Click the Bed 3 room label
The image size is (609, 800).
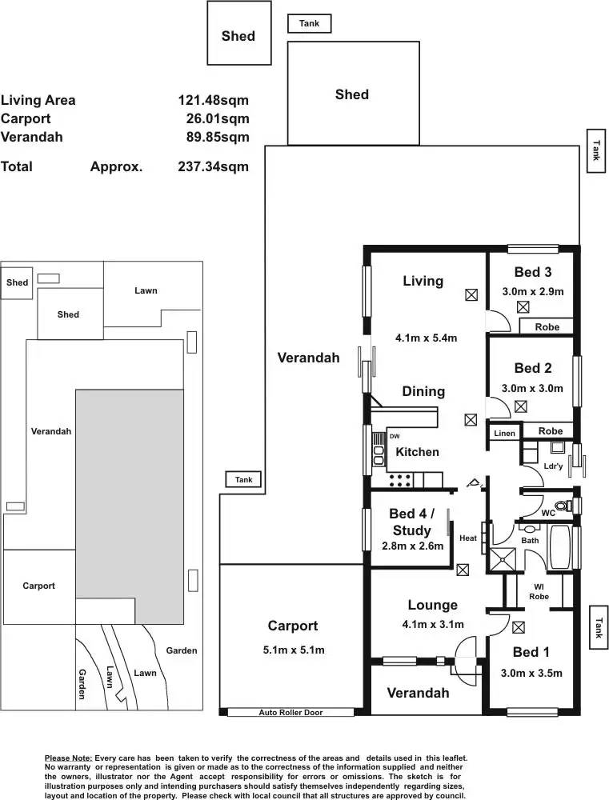(x=532, y=272)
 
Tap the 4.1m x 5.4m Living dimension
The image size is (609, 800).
(x=427, y=338)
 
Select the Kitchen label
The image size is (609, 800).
(x=417, y=451)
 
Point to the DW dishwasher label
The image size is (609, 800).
(x=395, y=436)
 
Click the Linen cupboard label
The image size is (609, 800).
(x=504, y=433)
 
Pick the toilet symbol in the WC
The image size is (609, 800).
(x=563, y=506)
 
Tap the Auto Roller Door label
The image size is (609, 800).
(x=290, y=712)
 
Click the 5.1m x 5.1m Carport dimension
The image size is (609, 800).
(x=294, y=650)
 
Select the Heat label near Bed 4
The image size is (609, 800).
(x=468, y=538)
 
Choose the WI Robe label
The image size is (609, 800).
(x=539, y=592)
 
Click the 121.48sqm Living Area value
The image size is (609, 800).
(x=214, y=100)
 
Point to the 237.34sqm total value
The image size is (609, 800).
(x=214, y=166)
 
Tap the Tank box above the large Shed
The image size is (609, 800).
(x=310, y=23)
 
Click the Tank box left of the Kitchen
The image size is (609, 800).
(x=243, y=479)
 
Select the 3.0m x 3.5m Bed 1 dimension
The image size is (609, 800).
(x=531, y=673)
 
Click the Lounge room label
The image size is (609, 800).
(x=432, y=605)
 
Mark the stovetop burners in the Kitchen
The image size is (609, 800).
(x=401, y=479)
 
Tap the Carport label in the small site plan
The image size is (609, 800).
(x=38, y=586)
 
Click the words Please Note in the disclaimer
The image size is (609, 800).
(x=68, y=758)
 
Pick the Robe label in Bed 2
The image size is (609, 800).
(x=551, y=431)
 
